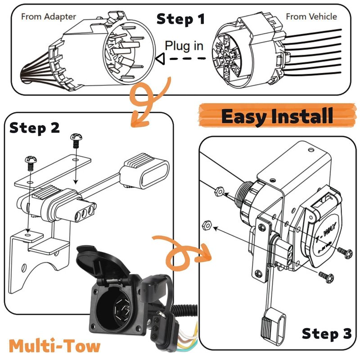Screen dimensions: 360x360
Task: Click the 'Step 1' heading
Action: tap(180, 19)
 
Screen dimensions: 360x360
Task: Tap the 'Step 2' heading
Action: tap(35, 128)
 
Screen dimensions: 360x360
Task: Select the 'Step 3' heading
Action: tap(326, 334)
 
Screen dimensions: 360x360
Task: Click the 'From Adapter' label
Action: tap(49, 17)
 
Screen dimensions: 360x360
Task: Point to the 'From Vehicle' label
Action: tap(311, 17)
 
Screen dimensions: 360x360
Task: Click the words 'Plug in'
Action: tap(184, 45)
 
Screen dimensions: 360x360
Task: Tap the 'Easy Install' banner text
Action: tap(277, 116)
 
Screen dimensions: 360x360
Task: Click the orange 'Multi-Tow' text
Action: tap(54, 346)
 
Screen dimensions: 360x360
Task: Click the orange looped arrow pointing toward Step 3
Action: tap(182, 253)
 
